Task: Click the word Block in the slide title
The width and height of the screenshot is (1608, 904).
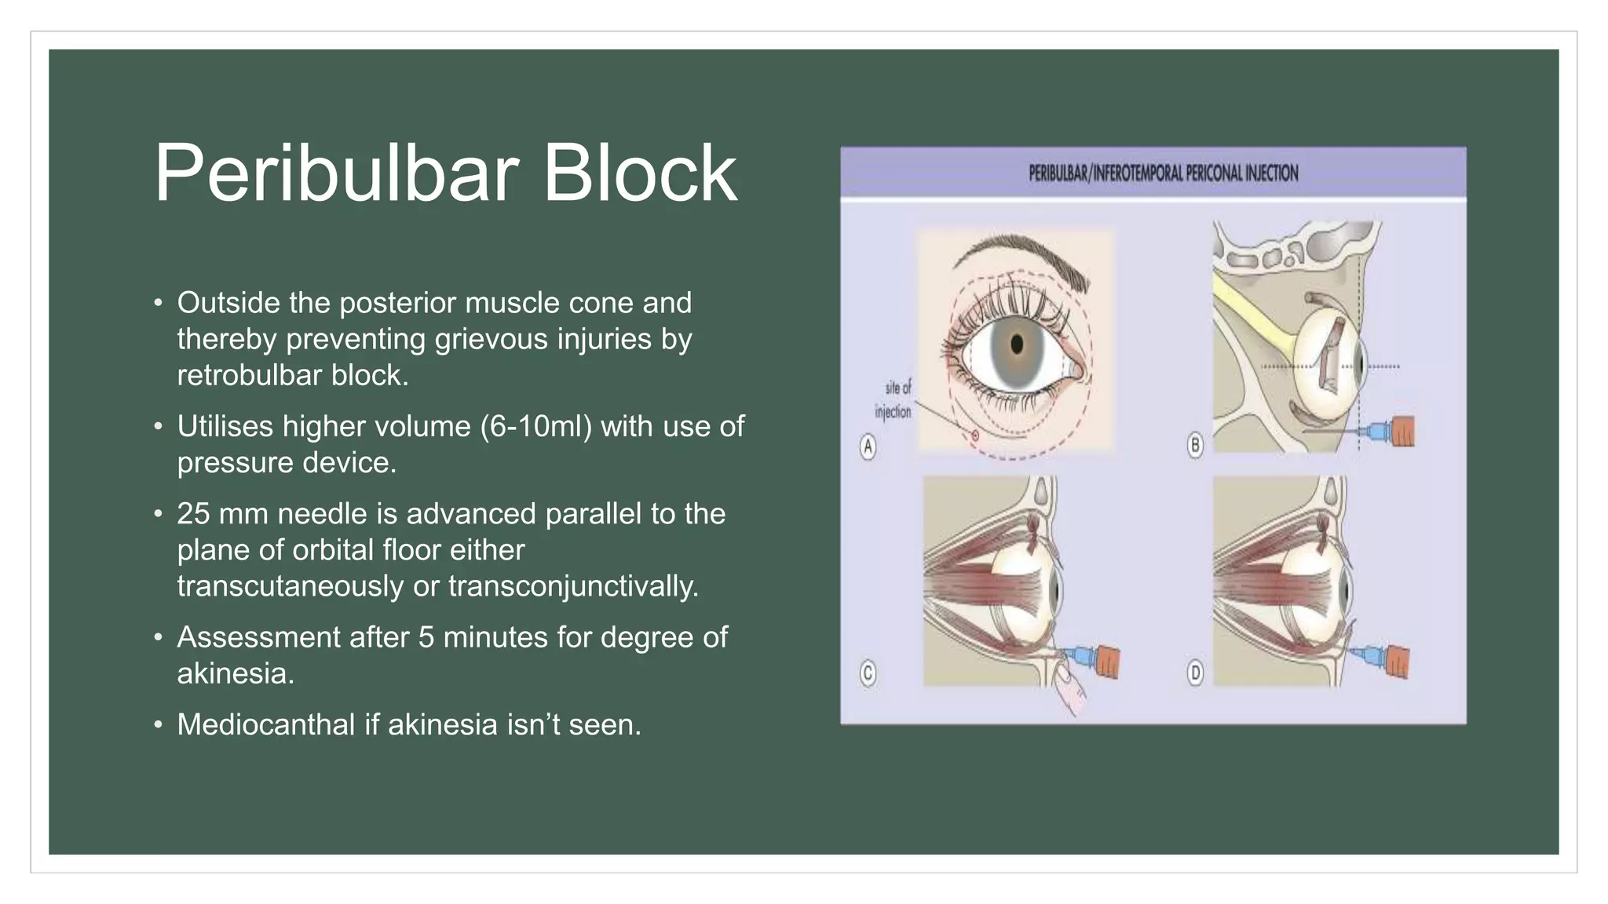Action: pos(640,174)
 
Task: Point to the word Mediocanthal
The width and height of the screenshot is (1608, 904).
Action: pos(265,725)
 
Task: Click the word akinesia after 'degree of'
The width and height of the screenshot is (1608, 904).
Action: pos(235,674)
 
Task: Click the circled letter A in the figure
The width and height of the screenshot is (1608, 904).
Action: pos(868,447)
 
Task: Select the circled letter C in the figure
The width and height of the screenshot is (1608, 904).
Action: pos(868,673)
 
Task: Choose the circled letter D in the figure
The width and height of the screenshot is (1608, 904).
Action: pos(1195,673)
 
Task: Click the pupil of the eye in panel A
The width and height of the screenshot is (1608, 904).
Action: pos(1018,344)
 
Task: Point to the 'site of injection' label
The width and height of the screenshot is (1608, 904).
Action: pos(895,399)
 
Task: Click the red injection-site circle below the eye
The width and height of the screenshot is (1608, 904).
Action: pos(975,435)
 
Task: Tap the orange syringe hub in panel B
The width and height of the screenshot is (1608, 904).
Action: pos(1402,431)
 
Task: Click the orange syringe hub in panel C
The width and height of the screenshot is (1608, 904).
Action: pos(1107,662)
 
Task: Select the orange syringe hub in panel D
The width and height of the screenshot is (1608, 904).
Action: pos(1398,660)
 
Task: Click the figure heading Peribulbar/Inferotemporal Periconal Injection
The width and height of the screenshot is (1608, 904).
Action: pos(1163,173)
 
